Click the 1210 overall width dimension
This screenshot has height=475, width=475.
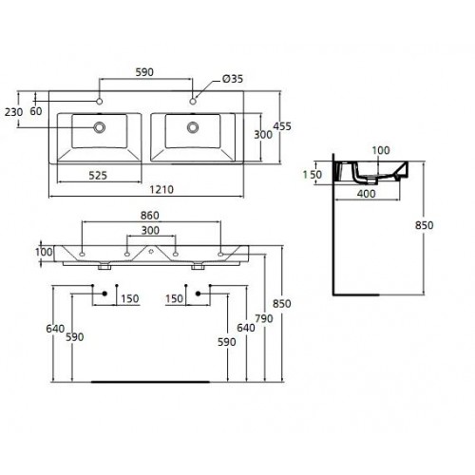point(161,190)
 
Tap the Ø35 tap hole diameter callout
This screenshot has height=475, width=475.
point(233,79)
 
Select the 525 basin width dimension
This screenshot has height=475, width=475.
point(98,176)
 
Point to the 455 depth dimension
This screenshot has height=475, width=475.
point(282,126)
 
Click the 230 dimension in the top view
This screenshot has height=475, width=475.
point(13,112)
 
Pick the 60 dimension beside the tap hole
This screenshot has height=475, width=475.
point(36,111)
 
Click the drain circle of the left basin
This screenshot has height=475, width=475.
point(100,127)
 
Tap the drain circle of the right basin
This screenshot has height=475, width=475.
point(193,127)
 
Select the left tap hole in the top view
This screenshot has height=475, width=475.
point(100,102)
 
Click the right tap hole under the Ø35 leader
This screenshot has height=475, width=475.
point(193,102)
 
